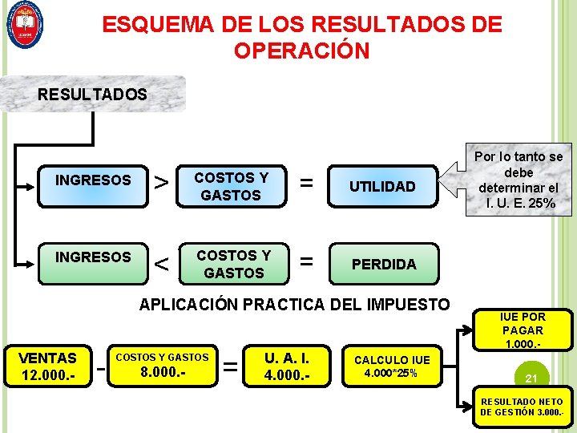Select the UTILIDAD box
[384, 187]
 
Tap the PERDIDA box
[384, 265]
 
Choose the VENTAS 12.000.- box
[48, 366]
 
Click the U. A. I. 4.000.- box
[287, 366]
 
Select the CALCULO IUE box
[392, 366]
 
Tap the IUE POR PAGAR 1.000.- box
[523, 330]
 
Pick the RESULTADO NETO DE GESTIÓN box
[521, 407]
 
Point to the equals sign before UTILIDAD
[306, 184]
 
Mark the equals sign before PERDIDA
[306, 261]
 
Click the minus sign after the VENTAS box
[101, 368]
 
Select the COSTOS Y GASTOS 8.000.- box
[163, 366]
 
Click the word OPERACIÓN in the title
[301, 51]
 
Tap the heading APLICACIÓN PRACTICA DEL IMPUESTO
[294, 305]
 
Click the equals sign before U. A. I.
[232, 367]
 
